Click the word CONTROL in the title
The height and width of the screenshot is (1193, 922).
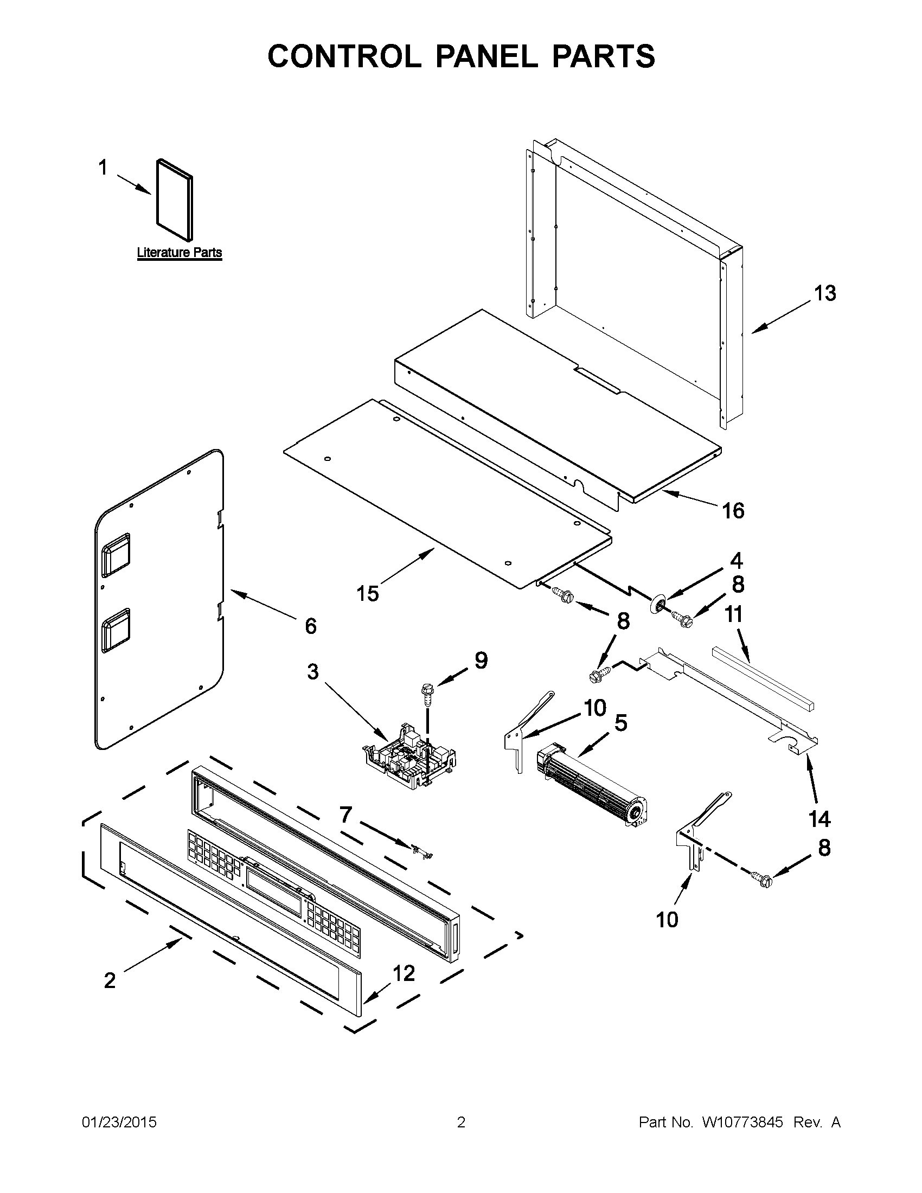point(343,56)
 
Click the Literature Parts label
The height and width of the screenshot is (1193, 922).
point(179,252)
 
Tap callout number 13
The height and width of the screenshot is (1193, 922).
point(825,293)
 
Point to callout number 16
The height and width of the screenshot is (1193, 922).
point(733,511)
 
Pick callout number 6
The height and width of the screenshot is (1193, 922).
point(310,626)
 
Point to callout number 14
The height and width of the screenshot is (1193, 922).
point(819,834)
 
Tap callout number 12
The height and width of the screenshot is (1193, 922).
point(404,973)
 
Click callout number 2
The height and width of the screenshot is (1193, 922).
point(110,980)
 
